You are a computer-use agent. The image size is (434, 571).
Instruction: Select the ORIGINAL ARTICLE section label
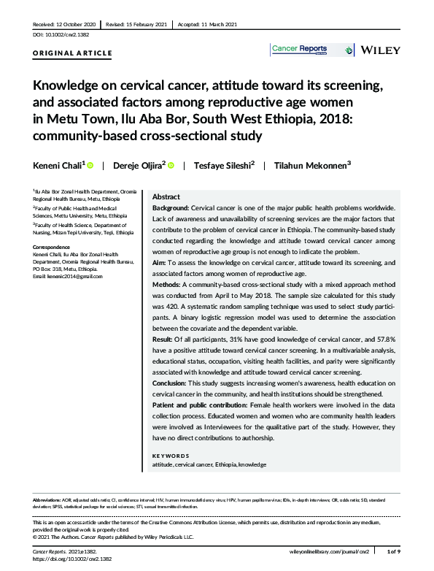coord(73,53)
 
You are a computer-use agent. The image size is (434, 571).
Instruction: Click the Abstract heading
coord(166,197)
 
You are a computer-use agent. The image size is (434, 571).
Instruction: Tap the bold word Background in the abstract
coord(170,208)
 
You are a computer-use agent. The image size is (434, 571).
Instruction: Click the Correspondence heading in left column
coord(53,247)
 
